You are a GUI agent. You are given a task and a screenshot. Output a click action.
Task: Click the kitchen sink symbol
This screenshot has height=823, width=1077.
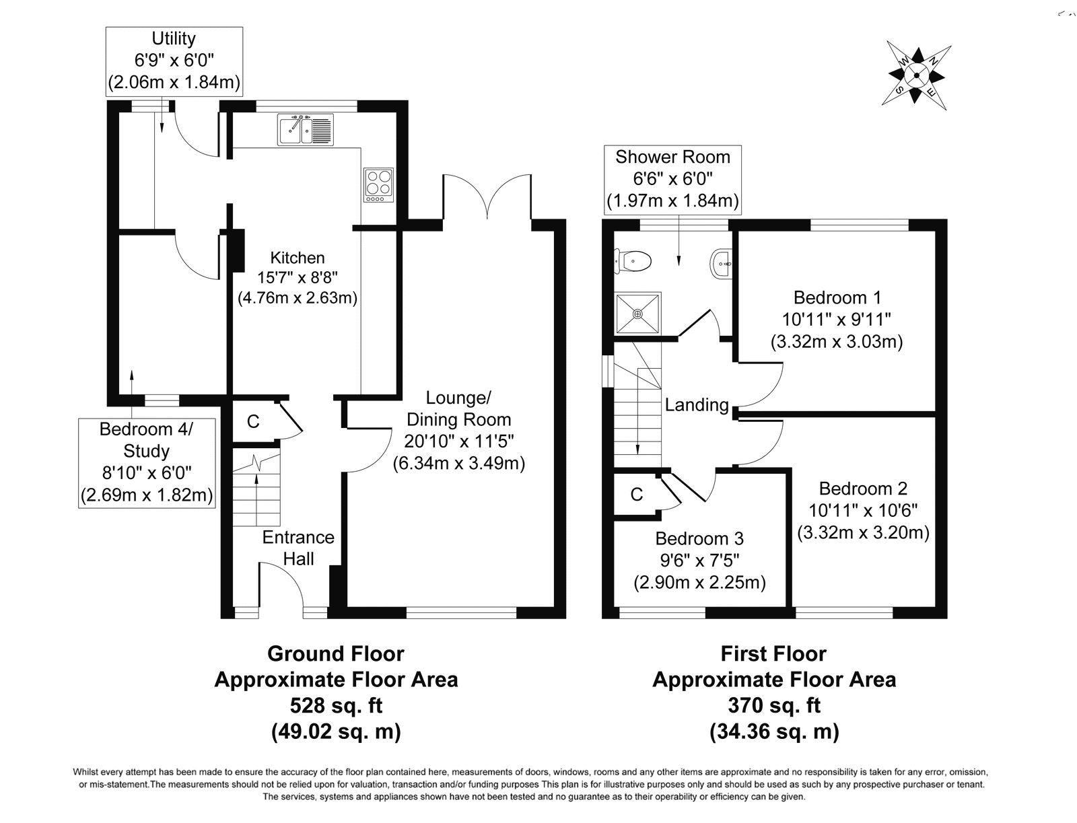305,129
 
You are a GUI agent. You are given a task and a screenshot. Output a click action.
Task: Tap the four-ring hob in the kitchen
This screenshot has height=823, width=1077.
378,184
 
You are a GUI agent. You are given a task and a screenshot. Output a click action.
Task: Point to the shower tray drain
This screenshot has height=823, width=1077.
637,314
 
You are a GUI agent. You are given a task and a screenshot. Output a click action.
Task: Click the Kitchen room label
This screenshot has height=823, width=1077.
297,258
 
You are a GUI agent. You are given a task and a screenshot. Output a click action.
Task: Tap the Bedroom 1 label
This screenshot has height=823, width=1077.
837,297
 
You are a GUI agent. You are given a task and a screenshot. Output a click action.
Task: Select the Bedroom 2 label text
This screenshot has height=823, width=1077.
863,489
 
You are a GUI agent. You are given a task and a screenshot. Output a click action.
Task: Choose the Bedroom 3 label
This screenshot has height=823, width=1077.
699,538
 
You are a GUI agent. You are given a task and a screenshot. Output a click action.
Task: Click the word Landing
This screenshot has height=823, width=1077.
697,405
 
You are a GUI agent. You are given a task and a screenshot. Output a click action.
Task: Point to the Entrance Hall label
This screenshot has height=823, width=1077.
298,547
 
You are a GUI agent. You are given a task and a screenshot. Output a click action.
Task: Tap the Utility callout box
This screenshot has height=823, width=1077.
174,61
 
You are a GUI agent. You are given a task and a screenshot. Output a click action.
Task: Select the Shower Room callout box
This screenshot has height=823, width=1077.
672,178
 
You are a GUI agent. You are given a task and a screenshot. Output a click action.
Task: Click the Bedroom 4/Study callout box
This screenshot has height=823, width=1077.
146,462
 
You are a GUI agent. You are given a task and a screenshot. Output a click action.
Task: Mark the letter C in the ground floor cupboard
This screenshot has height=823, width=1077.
253,422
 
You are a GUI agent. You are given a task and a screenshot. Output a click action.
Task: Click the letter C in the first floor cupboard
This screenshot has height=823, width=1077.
636,495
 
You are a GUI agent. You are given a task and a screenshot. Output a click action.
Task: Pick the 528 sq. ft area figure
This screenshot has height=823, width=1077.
336,705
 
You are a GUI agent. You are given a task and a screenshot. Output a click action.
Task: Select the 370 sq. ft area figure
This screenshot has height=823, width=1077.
774,705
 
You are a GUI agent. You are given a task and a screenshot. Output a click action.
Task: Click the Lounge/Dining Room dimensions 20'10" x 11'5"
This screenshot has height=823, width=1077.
458,441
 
